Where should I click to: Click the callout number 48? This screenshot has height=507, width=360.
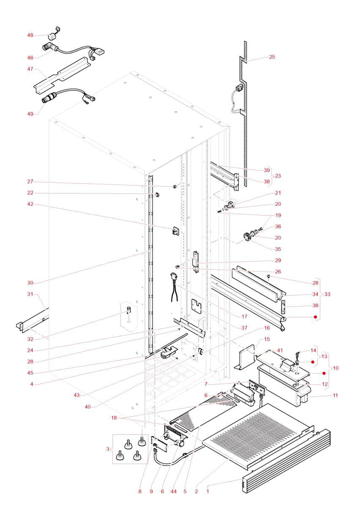[x=30, y=35]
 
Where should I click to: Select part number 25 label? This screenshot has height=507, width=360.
[x=272, y=57]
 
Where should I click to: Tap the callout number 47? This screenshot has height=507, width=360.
[x=30, y=68]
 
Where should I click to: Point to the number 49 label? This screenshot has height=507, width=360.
[x=30, y=113]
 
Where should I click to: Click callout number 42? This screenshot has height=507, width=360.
[x=30, y=204]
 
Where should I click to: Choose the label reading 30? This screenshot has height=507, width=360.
[x=30, y=283]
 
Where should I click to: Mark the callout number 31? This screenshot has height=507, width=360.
[x=30, y=294]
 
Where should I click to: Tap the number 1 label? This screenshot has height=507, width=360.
[x=207, y=491]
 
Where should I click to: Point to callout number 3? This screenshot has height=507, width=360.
[x=108, y=448]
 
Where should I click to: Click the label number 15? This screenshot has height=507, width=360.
[x=267, y=339]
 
